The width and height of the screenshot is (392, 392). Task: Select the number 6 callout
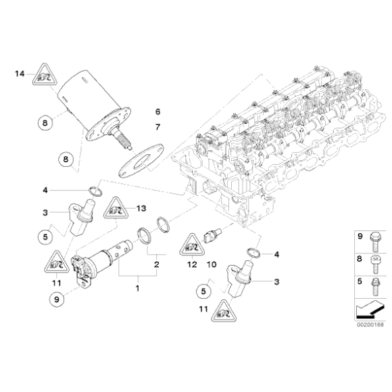157,111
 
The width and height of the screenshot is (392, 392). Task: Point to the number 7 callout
157,126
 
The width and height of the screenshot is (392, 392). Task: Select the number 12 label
192,264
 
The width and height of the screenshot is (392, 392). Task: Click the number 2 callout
157,264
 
